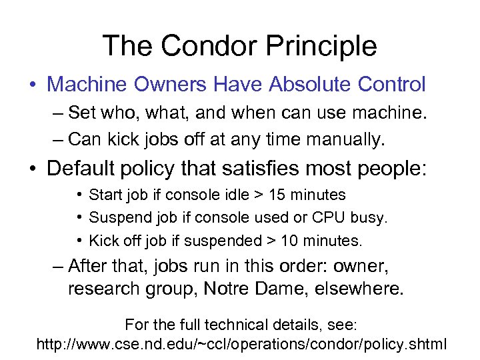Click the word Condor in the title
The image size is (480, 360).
point(199,47)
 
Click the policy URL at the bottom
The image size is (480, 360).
point(241,345)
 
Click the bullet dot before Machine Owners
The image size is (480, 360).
point(32,85)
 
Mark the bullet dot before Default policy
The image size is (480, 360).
point(32,168)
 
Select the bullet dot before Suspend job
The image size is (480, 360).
point(79,218)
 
